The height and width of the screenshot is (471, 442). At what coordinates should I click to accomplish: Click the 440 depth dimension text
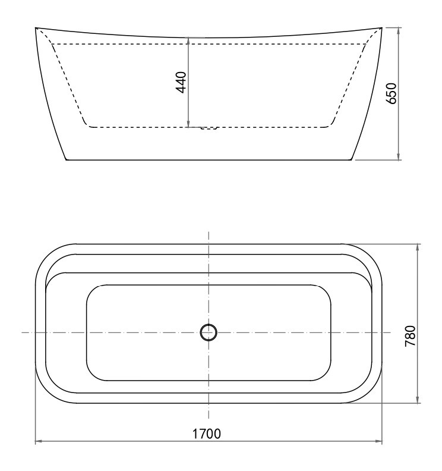coord(181,81)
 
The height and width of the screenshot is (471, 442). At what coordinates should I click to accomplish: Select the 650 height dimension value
coord(391,93)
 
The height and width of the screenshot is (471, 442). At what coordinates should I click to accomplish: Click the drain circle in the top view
coord(209,332)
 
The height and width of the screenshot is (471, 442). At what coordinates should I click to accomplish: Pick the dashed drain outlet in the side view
coord(209,128)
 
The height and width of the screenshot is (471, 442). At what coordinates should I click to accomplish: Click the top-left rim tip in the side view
coord(36,27)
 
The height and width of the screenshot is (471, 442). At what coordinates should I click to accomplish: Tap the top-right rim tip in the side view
coord(381,27)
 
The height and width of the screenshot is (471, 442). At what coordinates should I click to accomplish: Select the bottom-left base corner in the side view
coord(66,160)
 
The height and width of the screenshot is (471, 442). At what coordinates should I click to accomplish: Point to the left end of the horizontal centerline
coord(22,332)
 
